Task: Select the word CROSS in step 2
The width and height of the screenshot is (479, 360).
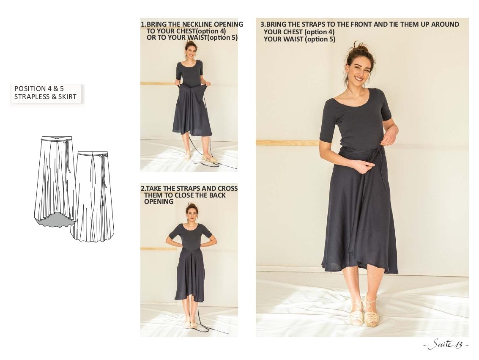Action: pyautogui.click(x=227, y=189)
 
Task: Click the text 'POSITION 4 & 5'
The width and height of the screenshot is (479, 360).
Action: pyautogui.click(x=39, y=88)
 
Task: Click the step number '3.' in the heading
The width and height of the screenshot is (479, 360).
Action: pyautogui.click(x=263, y=25)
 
